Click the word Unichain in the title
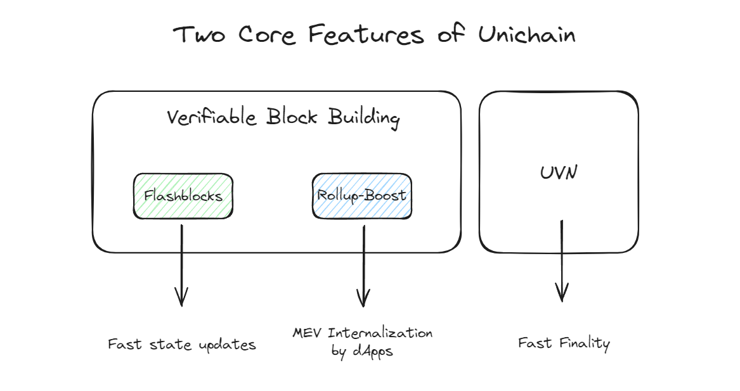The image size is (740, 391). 527,35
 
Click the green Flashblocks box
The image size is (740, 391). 183,196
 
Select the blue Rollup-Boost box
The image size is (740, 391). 361,195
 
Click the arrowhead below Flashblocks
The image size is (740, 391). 182,297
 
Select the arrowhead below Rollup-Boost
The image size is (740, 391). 363,298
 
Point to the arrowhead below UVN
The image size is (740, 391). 562,292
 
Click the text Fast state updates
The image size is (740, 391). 182,345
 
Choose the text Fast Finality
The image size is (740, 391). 564,343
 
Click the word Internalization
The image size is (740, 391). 380,333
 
